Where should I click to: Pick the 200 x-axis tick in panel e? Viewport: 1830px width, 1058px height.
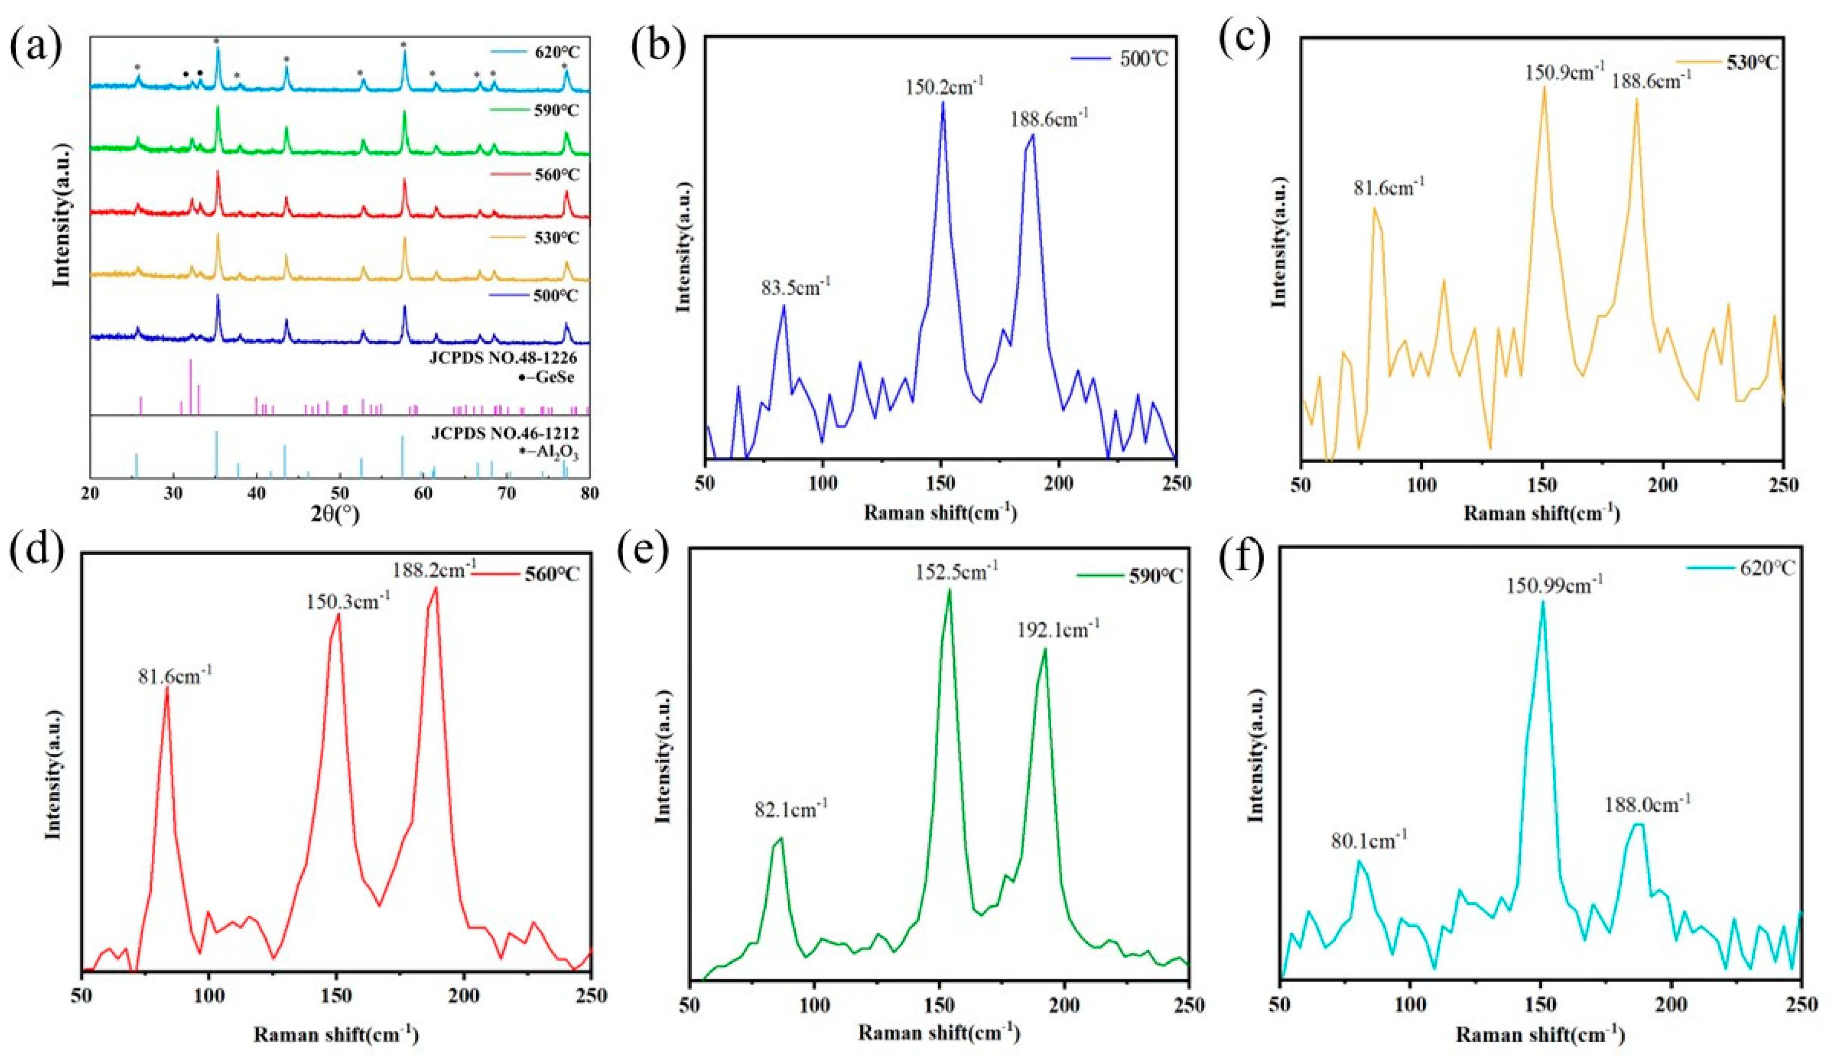tap(1065, 1005)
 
